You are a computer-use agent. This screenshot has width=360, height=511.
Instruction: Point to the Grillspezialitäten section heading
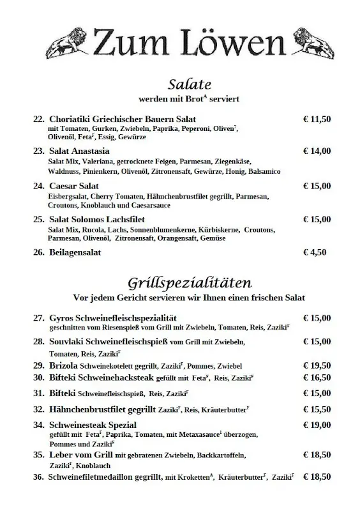(x=189, y=282)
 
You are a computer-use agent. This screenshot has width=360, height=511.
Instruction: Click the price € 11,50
(x=317, y=119)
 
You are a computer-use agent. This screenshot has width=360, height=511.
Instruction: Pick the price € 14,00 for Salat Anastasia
(x=317, y=151)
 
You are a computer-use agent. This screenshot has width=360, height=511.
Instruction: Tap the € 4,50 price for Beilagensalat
(x=315, y=252)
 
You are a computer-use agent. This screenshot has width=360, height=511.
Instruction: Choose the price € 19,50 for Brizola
(x=317, y=365)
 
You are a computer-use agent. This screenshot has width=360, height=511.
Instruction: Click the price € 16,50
(x=317, y=378)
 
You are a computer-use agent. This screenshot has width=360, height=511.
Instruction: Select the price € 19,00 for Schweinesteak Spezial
(x=317, y=424)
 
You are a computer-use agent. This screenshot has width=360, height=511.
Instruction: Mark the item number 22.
(x=38, y=119)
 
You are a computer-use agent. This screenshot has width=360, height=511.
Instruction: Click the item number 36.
(x=38, y=477)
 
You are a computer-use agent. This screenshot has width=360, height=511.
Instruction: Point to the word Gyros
(x=61, y=317)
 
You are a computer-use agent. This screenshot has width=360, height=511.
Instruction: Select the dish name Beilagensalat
(x=75, y=252)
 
